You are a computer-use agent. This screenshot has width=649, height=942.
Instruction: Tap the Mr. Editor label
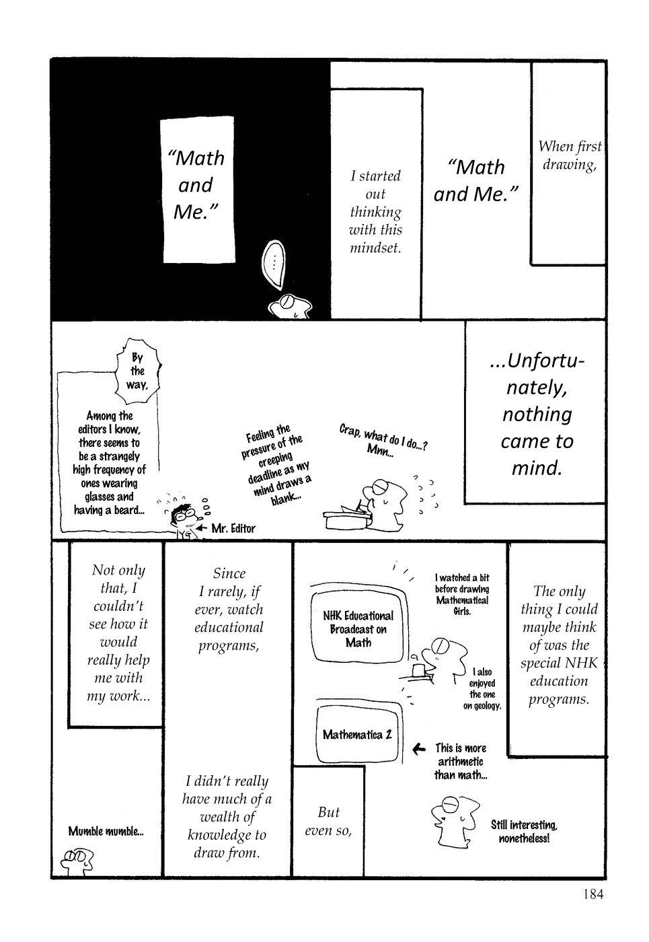[x=233, y=528]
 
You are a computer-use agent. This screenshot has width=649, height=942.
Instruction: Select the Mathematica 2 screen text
[x=356, y=734]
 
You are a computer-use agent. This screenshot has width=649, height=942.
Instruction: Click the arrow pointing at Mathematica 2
[x=418, y=748]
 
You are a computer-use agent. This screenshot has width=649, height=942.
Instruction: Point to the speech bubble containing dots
[x=274, y=262]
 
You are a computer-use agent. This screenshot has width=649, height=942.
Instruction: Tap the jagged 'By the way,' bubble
[x=137, y=371]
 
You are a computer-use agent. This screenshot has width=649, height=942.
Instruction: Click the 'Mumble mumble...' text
[x=106, y=831]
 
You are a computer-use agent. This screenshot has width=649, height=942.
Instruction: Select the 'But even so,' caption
[x=329, y=821]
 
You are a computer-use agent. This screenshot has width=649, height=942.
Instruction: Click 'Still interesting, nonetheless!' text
[x=524, y=832]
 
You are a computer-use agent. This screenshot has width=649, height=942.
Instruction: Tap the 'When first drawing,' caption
[x=570, y=155]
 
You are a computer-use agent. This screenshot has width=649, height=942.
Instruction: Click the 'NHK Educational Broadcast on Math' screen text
[x=358, y=629]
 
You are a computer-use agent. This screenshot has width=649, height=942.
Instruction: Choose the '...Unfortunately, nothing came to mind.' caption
[x=537, y=414]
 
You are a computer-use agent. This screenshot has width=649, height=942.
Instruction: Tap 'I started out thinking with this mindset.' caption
[x=375, y=211]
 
